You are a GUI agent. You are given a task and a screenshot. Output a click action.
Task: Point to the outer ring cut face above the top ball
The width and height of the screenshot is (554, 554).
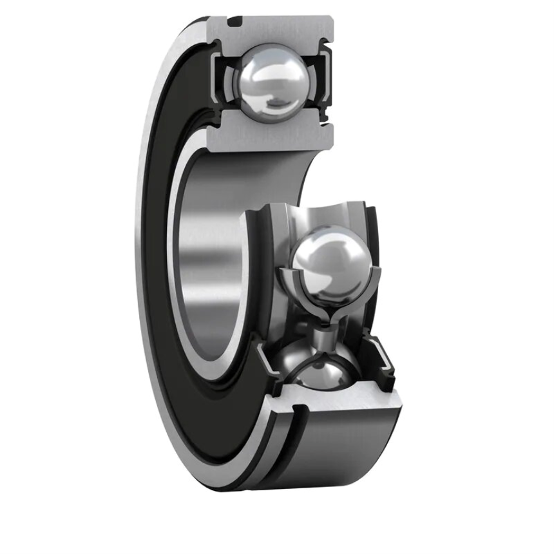pyautogui.click(x=277, y=31)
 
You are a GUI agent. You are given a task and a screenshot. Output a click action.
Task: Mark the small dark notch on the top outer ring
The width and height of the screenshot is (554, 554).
pyautogui.click(x=235, y=24)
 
